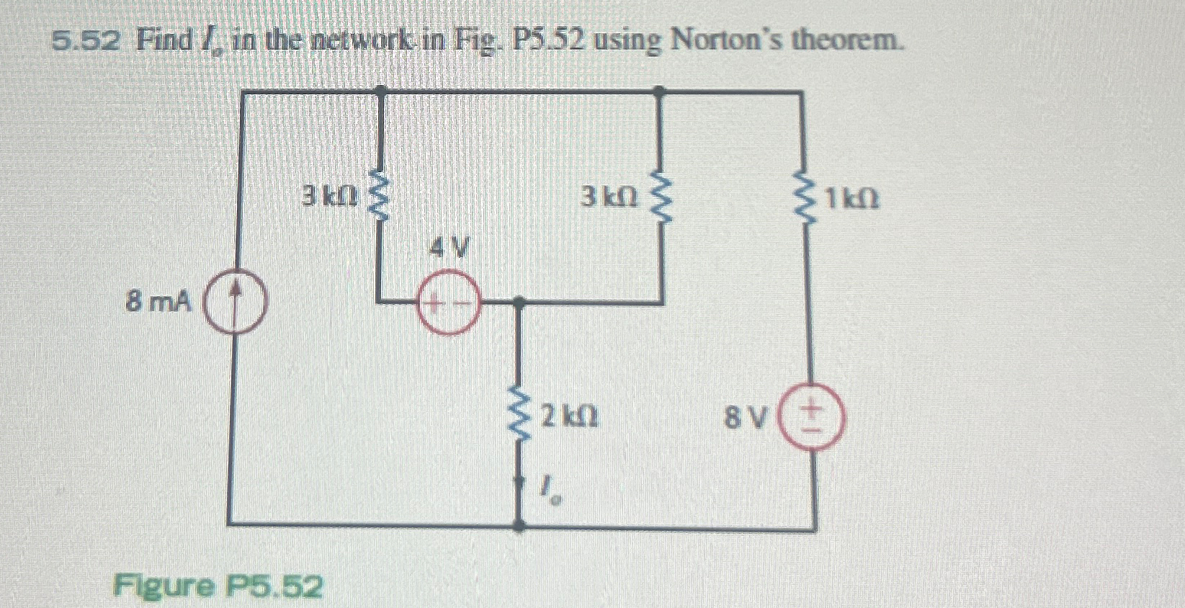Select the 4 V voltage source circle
click(447, 305)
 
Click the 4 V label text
click(449, 250)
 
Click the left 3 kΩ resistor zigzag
click(380, 195)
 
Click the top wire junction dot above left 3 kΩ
click(381, 91)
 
